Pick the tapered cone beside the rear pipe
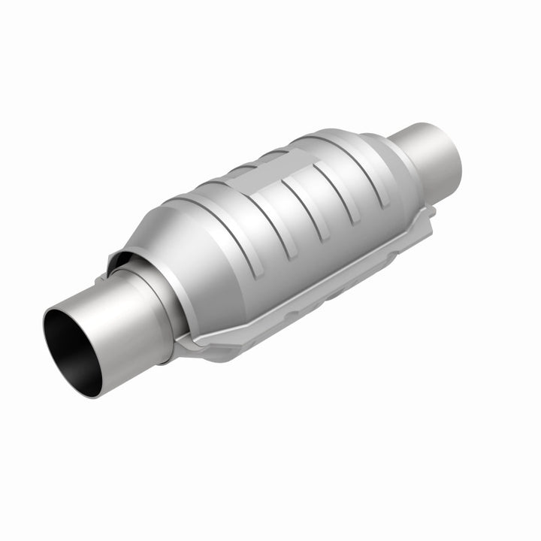click(379, 154)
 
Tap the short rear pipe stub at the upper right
click(428, 154)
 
